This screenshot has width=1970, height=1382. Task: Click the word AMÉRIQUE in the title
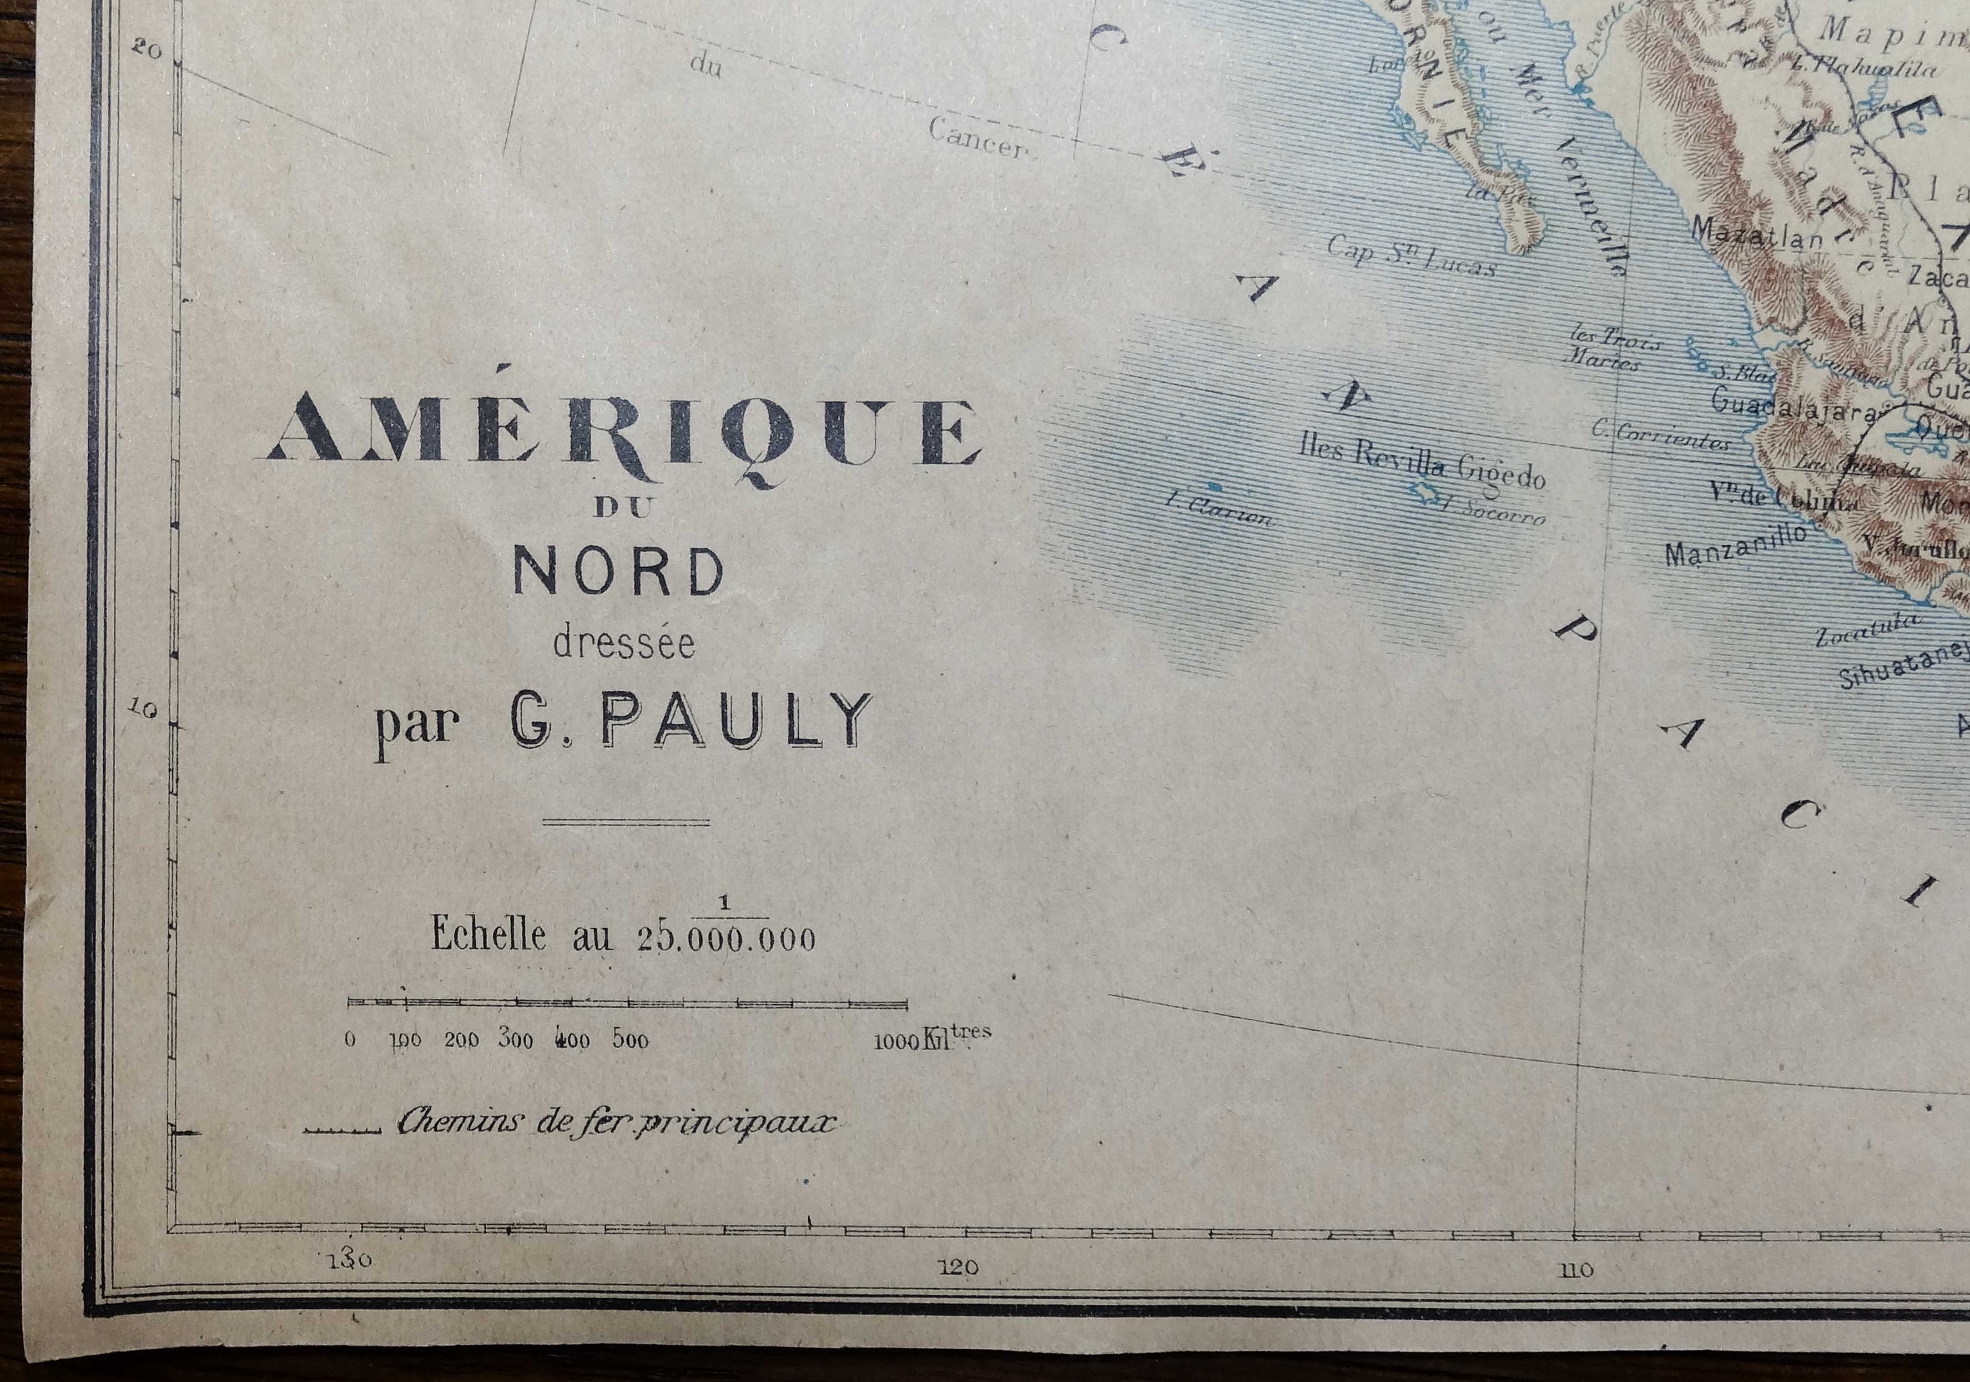pyautogui.click(x=624, y=433)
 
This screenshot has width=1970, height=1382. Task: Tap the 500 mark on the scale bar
pyautogui.click(x=630, y=1041)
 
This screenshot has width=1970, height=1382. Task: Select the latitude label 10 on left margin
pyautogui.click(x=144, y=709)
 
